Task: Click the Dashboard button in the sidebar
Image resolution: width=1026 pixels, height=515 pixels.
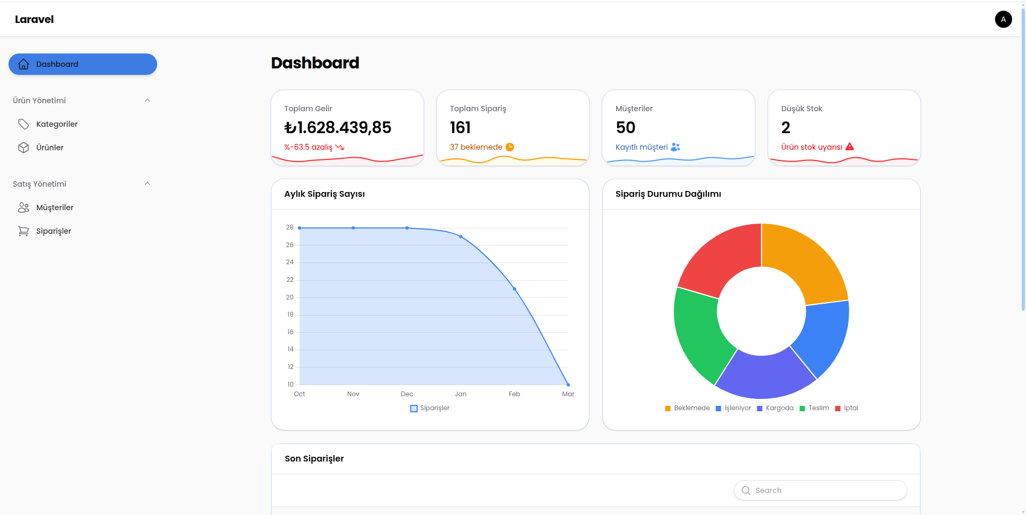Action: point(83,64)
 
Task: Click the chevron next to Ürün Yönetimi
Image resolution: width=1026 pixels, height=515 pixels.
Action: point(147,101)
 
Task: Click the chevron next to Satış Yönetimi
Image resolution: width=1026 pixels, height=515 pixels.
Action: point(147,184)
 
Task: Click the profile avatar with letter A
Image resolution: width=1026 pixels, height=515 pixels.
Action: point(1004,19)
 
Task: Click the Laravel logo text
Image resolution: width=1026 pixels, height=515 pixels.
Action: point(34,19)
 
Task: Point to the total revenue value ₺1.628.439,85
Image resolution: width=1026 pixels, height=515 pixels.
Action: point(338,127)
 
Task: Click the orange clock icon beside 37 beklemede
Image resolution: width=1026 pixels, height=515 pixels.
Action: point(510,147)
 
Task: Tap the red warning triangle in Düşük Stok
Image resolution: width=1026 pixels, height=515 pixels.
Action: point(850,147)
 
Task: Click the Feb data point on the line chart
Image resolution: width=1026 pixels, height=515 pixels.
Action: point(515,289)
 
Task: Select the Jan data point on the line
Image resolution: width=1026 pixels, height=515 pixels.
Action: point(461,236)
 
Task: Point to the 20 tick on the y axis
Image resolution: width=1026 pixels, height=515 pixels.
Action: point(290,297)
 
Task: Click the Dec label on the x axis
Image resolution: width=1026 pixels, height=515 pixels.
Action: point(407,394)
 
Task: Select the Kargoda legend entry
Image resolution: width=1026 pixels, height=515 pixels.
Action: point(775,408)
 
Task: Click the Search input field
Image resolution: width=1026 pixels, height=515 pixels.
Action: point(820,490)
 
